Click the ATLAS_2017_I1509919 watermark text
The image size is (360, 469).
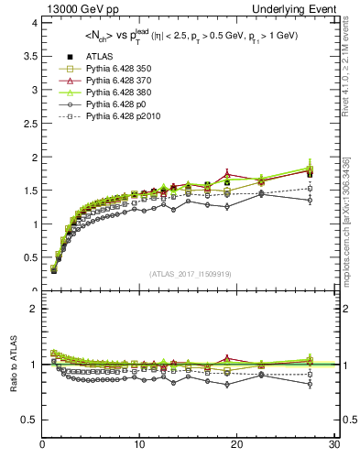point(184,273)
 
